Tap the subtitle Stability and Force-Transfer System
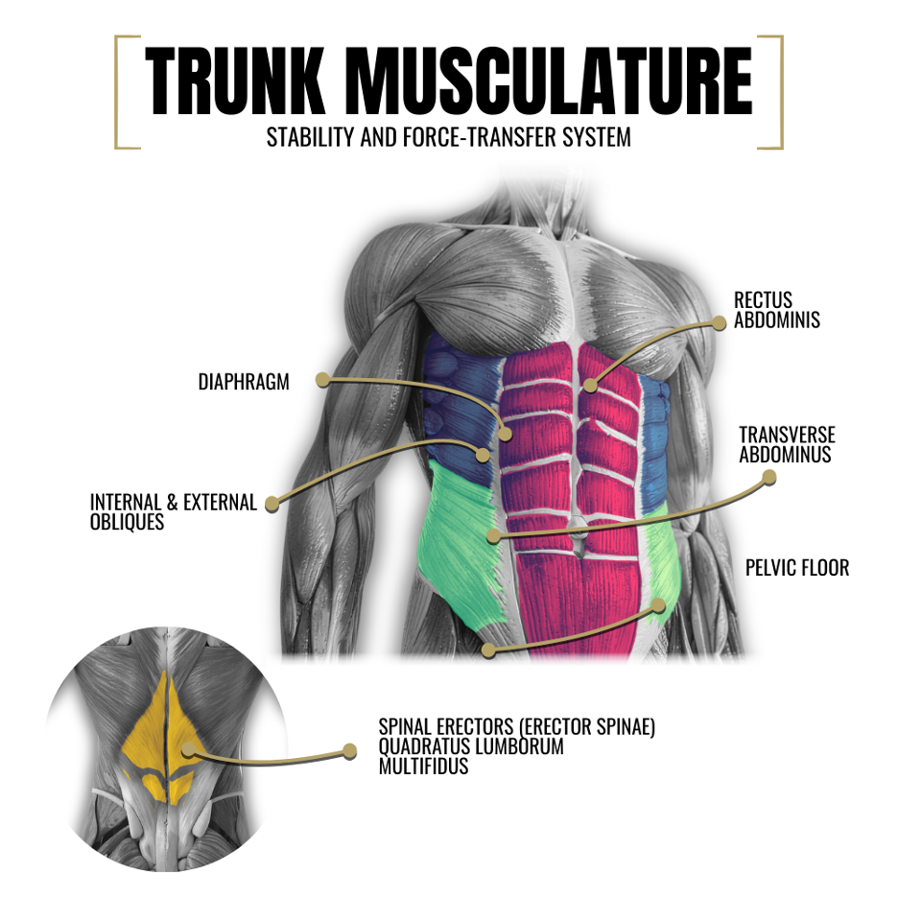tap(449, 137)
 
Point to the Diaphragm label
tap(244, 382)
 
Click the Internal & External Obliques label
tap(174, 512)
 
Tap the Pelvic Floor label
tap(797, 568)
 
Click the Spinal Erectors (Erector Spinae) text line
tap(517, 728)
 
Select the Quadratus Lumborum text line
tap(471, 747)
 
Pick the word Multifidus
tap(424, 767)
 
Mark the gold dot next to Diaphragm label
tap(323, 380)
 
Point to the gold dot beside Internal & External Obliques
tap(272, 502)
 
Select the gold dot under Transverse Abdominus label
tap(768, 476)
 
